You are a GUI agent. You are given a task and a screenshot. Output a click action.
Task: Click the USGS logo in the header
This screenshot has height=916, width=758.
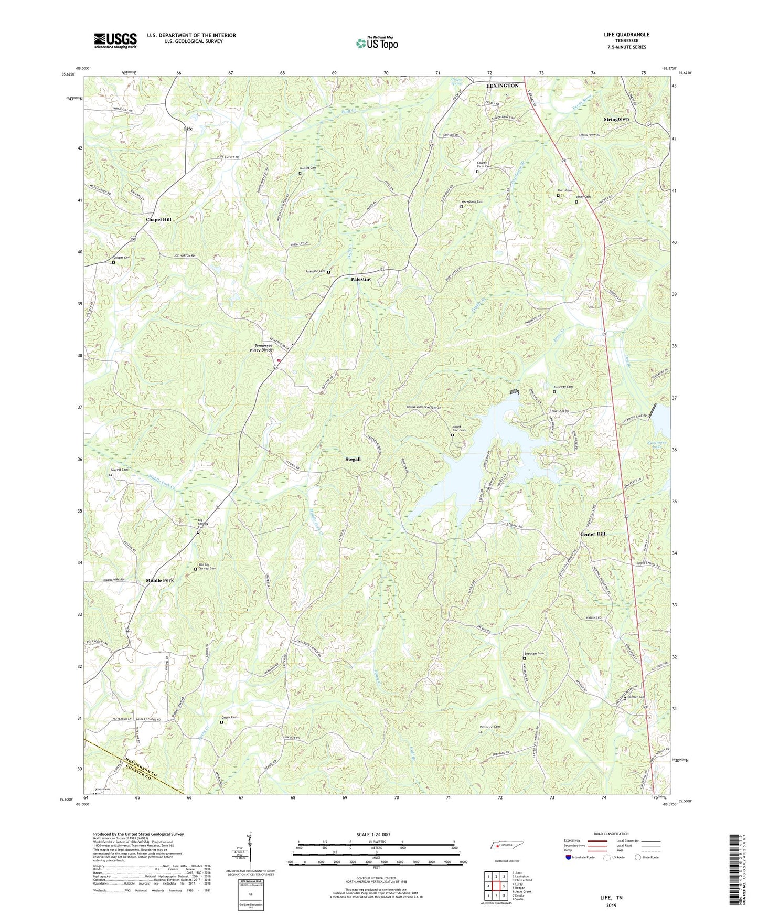[115, 40]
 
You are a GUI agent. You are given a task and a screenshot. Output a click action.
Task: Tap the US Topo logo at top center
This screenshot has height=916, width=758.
[376, 43]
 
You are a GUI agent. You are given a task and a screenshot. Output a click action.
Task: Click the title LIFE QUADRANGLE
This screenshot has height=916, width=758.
[626, 35]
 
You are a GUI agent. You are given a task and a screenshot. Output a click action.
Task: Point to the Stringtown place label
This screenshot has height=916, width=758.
[616, 119]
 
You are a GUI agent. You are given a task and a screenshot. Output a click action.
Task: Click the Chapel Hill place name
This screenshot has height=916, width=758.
[158, 219]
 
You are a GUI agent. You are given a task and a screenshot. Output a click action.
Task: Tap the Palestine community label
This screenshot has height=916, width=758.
[361, 279]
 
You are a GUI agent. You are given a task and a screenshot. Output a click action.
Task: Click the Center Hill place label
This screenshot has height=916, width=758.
[592, 534]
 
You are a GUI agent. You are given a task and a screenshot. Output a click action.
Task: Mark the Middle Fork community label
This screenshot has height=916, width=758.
[159, 580]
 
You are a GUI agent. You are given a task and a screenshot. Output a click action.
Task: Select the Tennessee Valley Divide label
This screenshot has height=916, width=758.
[271, 348]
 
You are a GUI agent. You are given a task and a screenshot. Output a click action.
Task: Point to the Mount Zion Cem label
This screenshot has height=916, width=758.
[456, 428]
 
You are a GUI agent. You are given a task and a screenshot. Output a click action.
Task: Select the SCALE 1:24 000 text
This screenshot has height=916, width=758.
[372, 835]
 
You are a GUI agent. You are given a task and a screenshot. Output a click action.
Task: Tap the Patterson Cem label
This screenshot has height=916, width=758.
[489, 727]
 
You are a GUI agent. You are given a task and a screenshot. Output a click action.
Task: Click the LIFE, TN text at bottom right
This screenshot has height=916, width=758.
[611, 898]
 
